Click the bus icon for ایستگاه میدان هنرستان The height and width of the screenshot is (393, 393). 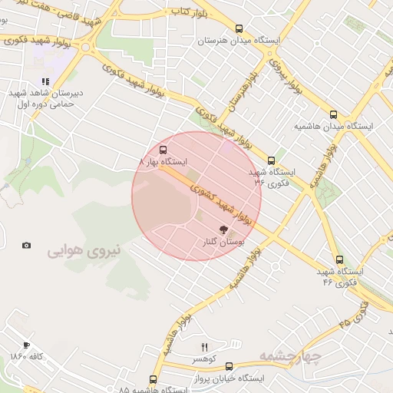pos(239,28)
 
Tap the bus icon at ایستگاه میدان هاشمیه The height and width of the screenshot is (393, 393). pos(332,114)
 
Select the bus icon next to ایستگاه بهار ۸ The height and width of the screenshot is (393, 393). pos(163,150)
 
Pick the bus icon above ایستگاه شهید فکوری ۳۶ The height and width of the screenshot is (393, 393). pos(271,160)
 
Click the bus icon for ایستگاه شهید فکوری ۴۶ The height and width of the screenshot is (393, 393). pos(339,259)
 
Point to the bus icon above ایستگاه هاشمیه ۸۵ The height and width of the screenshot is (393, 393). pos(154,379)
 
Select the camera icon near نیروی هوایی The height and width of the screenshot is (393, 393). pos(27,246)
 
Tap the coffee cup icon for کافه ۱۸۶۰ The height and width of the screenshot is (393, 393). pos(27,345)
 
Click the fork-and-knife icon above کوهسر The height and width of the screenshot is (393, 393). pos(204,348)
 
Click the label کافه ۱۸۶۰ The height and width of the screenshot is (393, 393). pos(27,357)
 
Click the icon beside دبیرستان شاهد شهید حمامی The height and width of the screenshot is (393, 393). pos(45,81)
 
